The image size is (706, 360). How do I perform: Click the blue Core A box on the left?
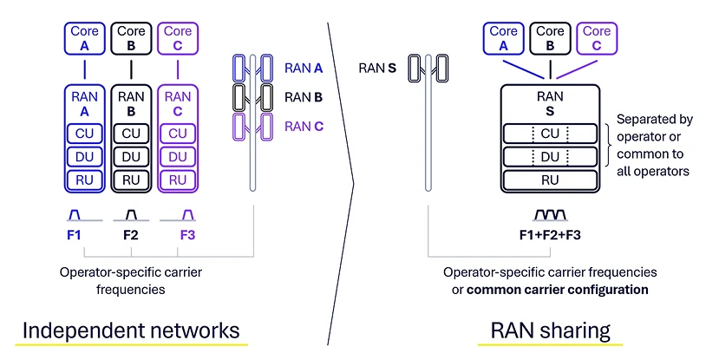(84, 37)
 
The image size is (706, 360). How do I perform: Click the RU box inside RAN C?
(177, 180)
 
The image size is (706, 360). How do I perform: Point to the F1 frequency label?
(74, 233)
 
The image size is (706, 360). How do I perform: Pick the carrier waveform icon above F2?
(131, 213)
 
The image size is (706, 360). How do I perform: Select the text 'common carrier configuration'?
(558, 289)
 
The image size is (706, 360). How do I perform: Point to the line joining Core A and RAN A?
(84, 69)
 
